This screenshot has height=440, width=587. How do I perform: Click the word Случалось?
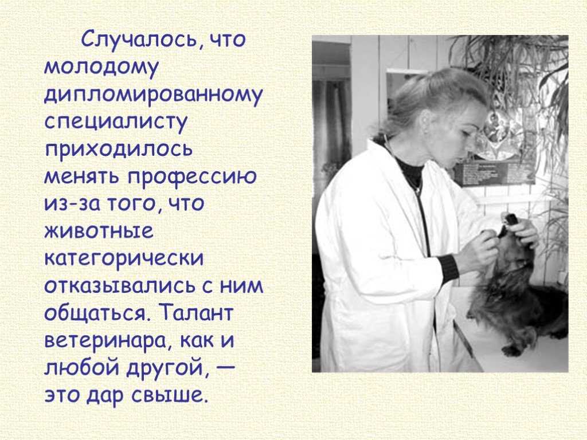tap(139, 39)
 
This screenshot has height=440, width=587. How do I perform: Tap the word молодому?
tap(101, 69)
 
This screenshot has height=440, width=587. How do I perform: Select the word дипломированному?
tap(154, 96)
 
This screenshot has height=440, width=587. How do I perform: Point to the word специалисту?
tap(115, 124)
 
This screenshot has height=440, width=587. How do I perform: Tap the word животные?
tap(99, 231)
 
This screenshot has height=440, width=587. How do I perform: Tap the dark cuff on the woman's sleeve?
tap(448, 268)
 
